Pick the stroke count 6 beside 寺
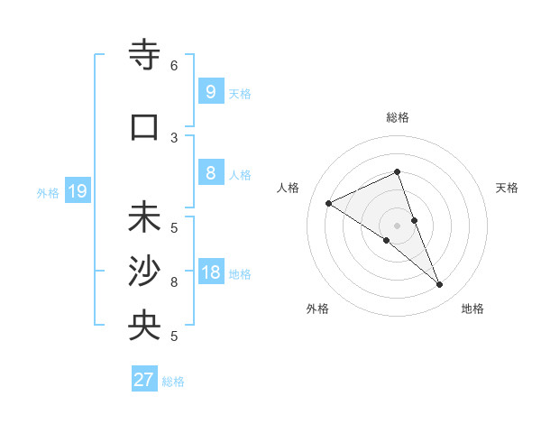point(174,66)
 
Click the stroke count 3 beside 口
point(174,137)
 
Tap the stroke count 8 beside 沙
point(174,282)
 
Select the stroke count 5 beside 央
point(174,336)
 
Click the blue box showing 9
point(210,91)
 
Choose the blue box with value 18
point(210,272)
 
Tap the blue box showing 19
point(77,191)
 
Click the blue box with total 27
point(144,380)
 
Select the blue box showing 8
point(210,173)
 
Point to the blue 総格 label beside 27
point(173,382)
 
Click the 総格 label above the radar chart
point(398,117)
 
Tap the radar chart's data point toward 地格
point(440,285)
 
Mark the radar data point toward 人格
point(329,204)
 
